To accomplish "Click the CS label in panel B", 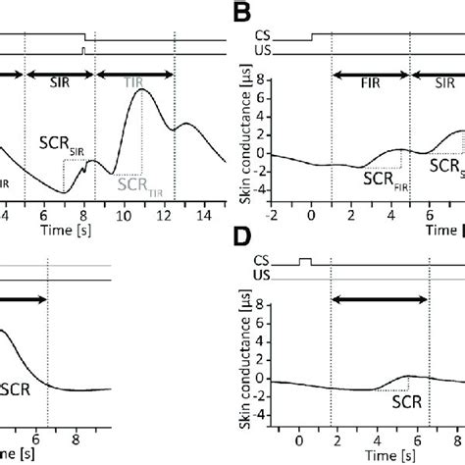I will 291,38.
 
